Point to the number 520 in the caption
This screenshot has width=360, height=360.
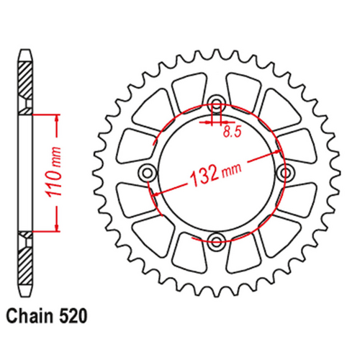click(x=73, y=315)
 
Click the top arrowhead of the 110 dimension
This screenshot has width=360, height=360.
click(x=55, y=117)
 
